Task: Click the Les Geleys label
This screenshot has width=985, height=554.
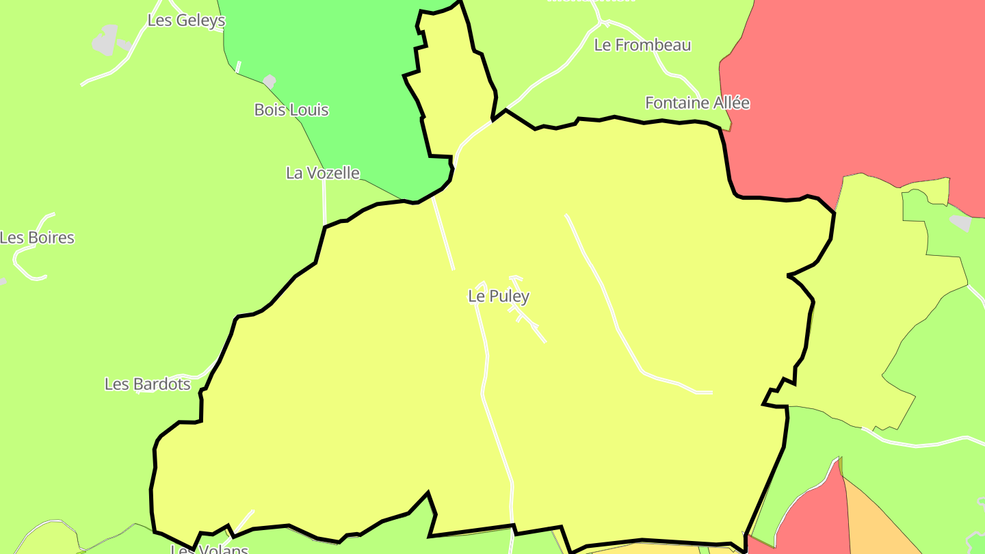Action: (186, 21)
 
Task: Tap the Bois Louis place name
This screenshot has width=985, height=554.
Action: (291, 109)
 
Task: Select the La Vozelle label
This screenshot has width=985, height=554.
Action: (323, 173)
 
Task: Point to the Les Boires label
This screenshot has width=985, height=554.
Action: (37, 238)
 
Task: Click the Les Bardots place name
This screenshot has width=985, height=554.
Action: (148, 384)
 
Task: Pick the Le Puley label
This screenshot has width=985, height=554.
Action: (499, 296)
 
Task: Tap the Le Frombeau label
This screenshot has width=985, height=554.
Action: (642, 45)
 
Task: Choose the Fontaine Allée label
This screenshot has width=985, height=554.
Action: (697, 103)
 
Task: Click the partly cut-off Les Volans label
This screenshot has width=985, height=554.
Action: (209, 549)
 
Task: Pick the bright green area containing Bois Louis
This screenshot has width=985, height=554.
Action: (342, 82)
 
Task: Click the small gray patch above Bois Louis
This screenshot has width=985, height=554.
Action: (270, 81)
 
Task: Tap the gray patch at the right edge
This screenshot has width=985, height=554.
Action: (961, 222)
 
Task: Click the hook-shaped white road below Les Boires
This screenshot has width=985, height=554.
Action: (27, 263)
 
